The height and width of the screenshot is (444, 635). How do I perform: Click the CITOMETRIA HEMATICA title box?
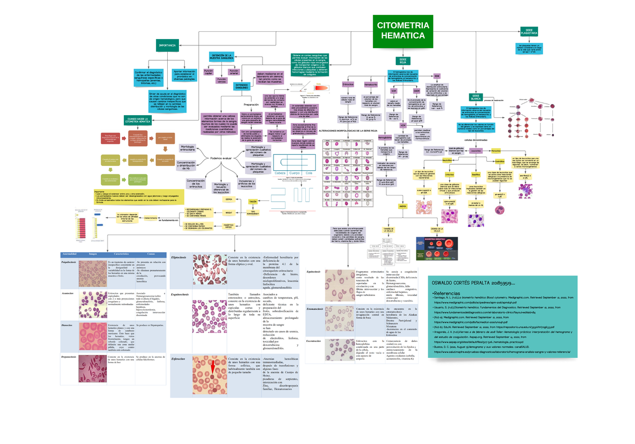click(402, 31)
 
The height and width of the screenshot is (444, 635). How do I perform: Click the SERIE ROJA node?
click(403, 61)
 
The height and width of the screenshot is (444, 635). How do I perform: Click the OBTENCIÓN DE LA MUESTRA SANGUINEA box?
click(222, 57)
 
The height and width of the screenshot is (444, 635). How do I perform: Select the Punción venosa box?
click(222, 81)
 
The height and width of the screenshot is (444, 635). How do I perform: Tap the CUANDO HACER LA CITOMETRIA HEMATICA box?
click(138, 120)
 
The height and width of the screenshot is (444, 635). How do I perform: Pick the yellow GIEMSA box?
click(229, 200)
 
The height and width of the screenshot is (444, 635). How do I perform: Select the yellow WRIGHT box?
click(229, 212)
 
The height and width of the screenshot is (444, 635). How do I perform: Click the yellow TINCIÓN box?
click(253, 202)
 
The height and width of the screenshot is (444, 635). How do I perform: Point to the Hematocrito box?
click(370, 85)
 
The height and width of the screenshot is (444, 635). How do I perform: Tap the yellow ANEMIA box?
click(403, 206)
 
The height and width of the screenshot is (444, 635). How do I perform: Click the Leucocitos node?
click(476, 151)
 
